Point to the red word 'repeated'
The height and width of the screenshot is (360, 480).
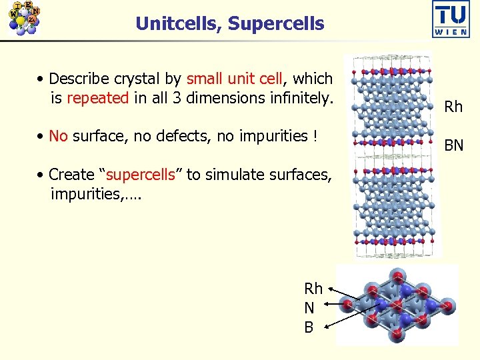click(x=98, y=99)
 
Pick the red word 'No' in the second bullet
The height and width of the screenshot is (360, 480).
click(x=59, y=136)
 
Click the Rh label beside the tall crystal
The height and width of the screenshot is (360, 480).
click(x=453, y=107)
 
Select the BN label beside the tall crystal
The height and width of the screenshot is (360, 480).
click(x=453, y=145)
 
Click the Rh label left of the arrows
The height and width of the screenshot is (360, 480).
click(x=313, y=289)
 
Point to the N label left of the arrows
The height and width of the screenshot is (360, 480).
click(x=309, y=308)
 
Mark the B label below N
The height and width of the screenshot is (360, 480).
click(x=309, y=327)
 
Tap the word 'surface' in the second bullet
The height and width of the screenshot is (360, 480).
click(x=100, y=136)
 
